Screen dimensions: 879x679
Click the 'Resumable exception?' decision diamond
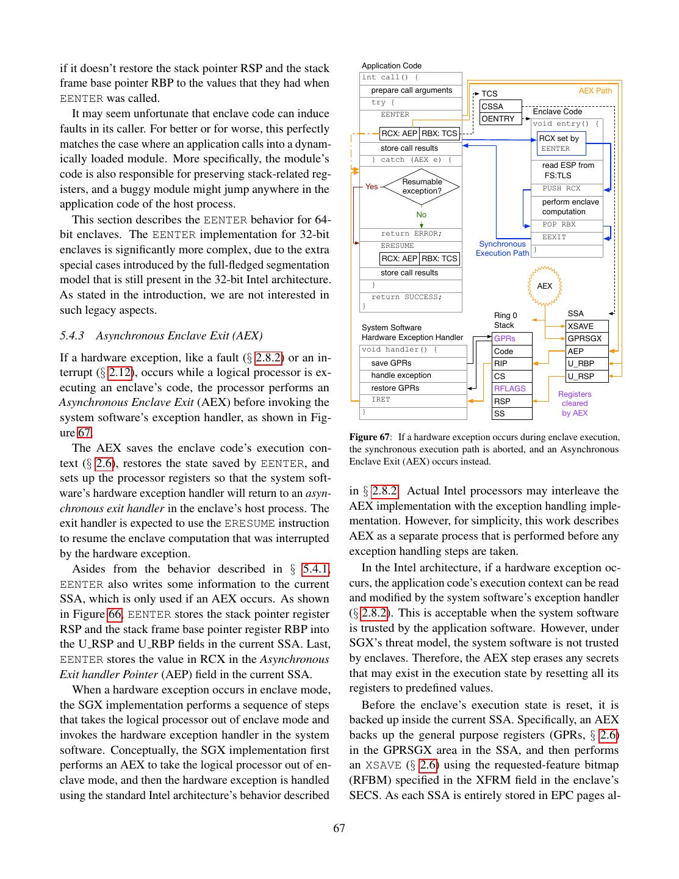point(422,186)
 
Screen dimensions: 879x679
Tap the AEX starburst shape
point(544,286)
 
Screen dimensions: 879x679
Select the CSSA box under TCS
point(500,106)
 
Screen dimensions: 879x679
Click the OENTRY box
point(500,118)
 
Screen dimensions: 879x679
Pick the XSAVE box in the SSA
point(587,326)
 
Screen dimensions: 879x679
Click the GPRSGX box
point(587,338)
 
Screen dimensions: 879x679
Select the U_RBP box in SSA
point(587,363)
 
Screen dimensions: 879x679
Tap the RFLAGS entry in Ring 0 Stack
point(512,388)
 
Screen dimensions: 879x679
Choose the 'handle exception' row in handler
point(413,375)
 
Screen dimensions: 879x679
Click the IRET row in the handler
point(413,400)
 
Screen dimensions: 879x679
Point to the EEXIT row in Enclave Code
point(566,237)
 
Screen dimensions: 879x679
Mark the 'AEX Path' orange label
point(595,91)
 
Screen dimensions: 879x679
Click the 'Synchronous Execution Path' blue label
point(502,248)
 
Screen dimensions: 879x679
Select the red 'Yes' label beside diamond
point(372,186)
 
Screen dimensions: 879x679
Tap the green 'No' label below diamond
point(422,214)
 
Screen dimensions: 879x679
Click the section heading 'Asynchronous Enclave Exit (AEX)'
point(179,336)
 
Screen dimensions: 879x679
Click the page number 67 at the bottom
point(339,828)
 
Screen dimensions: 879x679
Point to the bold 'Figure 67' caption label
point(369,437)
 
